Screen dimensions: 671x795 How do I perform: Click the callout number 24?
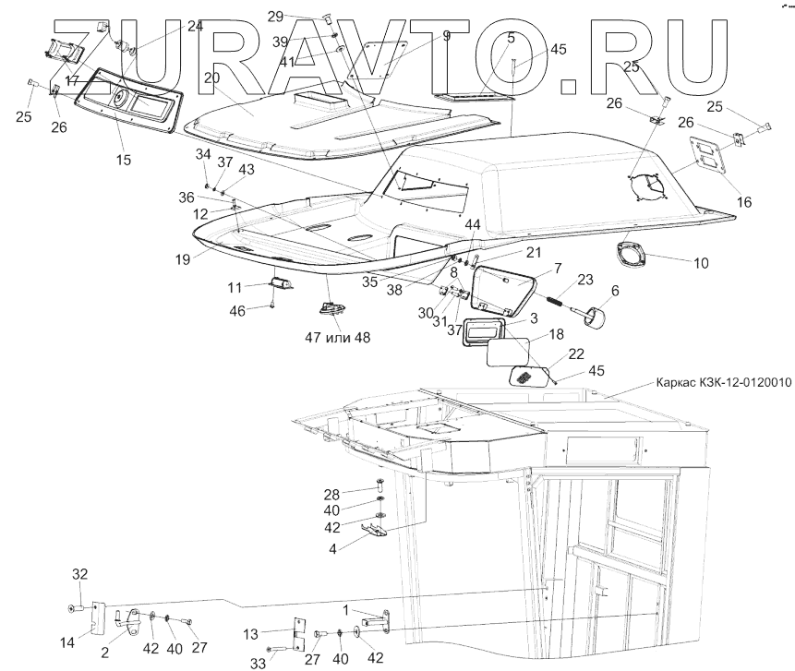195,27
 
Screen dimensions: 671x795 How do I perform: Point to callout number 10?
701,263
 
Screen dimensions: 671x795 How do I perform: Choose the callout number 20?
211,78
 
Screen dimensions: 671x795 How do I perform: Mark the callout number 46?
236,311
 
